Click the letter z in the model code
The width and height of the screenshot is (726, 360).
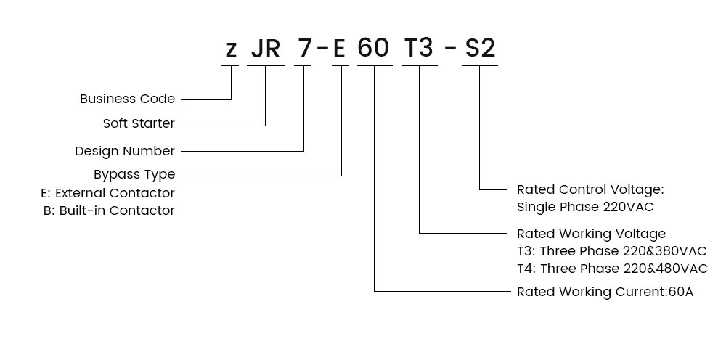click(x=231, y=50)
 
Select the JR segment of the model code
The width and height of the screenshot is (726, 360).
click(x=266, y=48)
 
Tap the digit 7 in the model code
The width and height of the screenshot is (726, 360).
click(x=304, y=48)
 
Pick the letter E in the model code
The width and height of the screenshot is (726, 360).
click(x=339, y=48)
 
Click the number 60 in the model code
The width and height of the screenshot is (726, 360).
click(x=373, y=48)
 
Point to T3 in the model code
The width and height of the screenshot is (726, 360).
click(x=420, y=48)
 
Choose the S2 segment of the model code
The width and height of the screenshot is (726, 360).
click(x=480, y=48)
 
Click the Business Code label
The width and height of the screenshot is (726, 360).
click(x=127, y=99)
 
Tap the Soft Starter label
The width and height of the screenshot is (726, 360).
click(x=139, y=123)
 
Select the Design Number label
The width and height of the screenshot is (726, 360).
click(x=125, y=151)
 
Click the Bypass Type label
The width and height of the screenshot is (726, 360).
click(x=134, y=174)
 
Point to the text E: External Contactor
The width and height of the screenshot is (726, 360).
click(x=108, y=192)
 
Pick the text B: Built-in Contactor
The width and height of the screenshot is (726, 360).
click(x=110, y=210)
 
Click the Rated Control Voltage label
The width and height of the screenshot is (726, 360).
click(x=590, y=189)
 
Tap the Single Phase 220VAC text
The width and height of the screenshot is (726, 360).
click(x=585, y=207)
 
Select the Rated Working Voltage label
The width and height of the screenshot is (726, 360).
click(x=591, y=234)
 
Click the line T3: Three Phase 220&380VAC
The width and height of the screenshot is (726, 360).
click(x=611, y=251)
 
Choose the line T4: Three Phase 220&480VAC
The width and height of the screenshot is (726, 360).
click(x=612, y=269)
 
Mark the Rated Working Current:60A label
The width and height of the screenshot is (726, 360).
click(x=605, y=292)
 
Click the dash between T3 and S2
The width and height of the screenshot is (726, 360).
click(x=450, y=49)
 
